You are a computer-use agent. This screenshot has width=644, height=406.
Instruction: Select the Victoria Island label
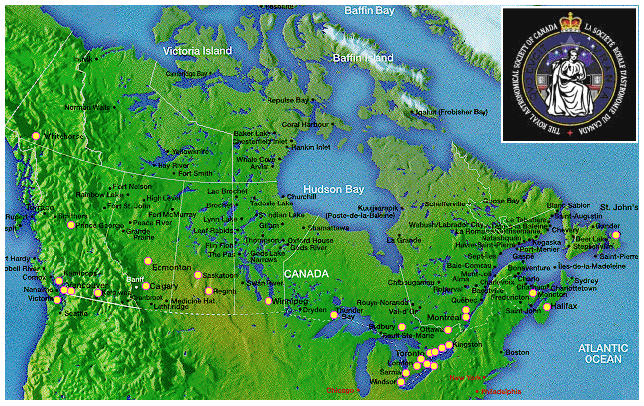[x=198, y=50]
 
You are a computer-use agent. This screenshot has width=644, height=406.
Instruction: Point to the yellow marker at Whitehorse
[x=35, y=135]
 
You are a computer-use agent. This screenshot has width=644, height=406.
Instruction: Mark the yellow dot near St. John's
[x=616, y=235]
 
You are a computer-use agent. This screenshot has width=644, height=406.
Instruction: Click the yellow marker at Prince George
[x=71, y=226]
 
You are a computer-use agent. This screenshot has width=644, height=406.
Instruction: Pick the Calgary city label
[x=165, y=286]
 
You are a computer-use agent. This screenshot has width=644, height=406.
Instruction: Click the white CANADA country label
[x=306, y=273]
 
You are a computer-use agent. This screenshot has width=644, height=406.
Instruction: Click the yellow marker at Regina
[x=209, y=291]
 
